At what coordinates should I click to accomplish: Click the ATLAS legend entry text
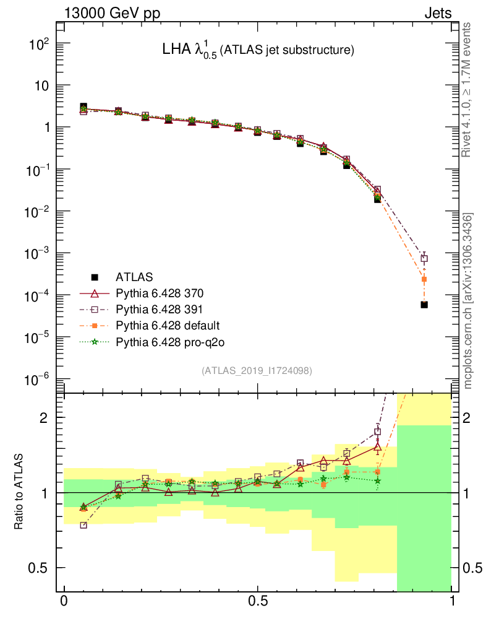click(134, 276)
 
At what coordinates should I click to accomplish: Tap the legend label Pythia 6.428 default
click(168, 324)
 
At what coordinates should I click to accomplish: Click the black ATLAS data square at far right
click(424, 305)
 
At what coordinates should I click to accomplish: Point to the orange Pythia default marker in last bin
click(424, 279)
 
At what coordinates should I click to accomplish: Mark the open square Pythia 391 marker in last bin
click(424, 259)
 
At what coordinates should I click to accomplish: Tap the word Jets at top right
click(438, 13)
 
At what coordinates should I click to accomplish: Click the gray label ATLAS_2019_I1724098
click(257, 371)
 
